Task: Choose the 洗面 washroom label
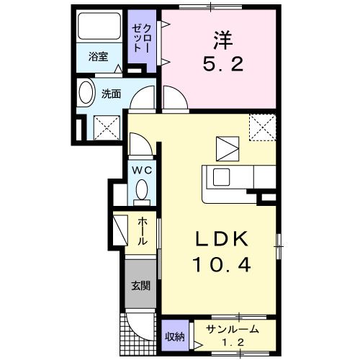click(x=110, y=94)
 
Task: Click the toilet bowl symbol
click(x=141, y=191)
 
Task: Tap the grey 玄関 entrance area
click(x=140, y=286)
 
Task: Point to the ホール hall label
click(x=143, y=231)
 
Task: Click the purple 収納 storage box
click(x=174, y=335)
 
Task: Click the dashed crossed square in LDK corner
click(x=263, y=127)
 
